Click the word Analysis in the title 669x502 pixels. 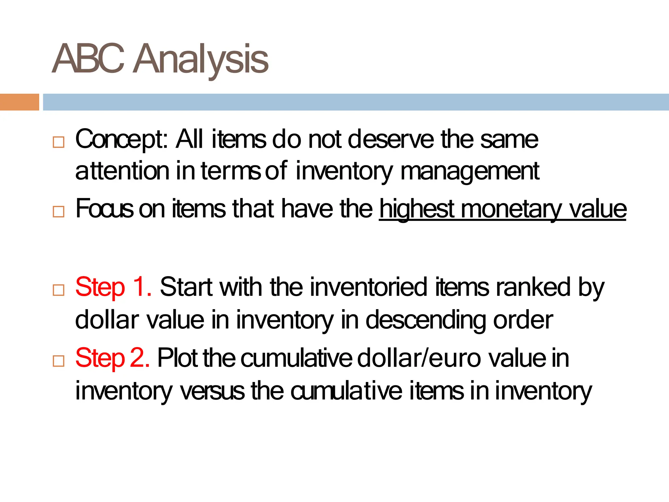pyautogui.click(x=201, y=59)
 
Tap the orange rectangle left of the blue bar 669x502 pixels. pyautogui.click(x=19, y=102)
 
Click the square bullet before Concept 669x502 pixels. pyautogui.click(x=58, y=142)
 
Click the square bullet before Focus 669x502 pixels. pyautogui.click(x=58, y=212)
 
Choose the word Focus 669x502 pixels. pyautogui.click(x=104, y=209)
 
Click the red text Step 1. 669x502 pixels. pyautogui.click(x=113, y=287)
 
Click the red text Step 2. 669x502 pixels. pyautogui.click(x=112, y=358)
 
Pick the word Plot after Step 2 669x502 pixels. pyautogui.click(x=177, y=358)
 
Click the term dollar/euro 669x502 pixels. pyautogui.click(x=419, y=358)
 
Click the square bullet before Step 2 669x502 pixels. pyautogui.click(x=58, y=361)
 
